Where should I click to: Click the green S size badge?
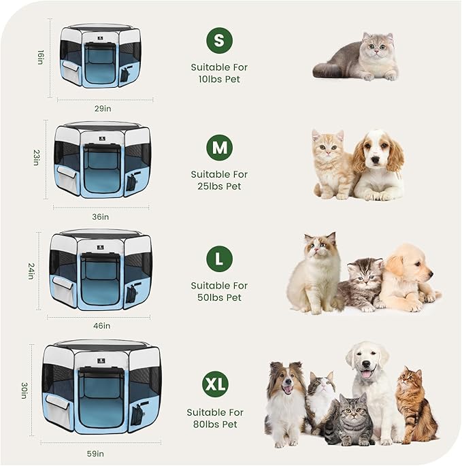coord(218,40)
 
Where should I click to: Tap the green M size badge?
coord(218,148)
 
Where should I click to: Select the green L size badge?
coord(218,259)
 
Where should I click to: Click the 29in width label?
coord(104,108)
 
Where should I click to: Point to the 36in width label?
coord(101,216)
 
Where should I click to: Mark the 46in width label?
coord(101,325)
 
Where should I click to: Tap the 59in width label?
coord(95,454)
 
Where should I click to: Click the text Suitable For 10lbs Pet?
coord(219,73)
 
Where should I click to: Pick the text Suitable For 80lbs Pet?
coord(215,418)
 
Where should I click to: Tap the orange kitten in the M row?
coord(331,163)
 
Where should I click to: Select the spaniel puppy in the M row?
coord(378,165)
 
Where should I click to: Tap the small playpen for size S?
coord(100,57)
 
